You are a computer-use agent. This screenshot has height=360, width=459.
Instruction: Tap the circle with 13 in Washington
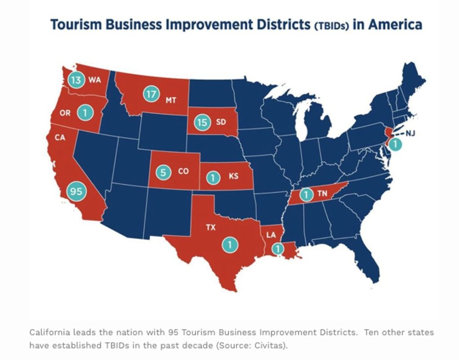76,81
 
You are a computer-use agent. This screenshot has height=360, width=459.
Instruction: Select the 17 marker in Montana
151,95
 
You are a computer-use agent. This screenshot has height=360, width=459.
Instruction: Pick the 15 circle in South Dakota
203,122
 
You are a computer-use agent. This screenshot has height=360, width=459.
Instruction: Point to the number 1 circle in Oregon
83,113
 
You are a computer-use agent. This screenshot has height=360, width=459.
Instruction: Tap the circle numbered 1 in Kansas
213,177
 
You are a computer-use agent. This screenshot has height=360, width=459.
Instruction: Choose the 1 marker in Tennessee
306,195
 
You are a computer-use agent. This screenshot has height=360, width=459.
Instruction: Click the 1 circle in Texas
229,244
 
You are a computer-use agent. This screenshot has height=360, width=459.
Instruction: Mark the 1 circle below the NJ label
395,145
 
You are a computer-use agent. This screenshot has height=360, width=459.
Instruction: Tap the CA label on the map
61,137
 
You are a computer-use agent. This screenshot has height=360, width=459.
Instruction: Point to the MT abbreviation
171,100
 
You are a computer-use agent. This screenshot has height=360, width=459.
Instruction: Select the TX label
211,227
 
